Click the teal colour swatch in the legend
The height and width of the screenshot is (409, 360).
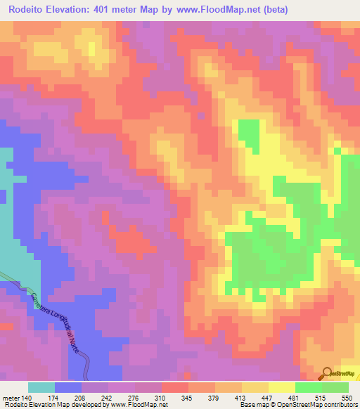click(x=41, y=387)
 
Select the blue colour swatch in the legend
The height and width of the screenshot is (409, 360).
click(x=67, y=387)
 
